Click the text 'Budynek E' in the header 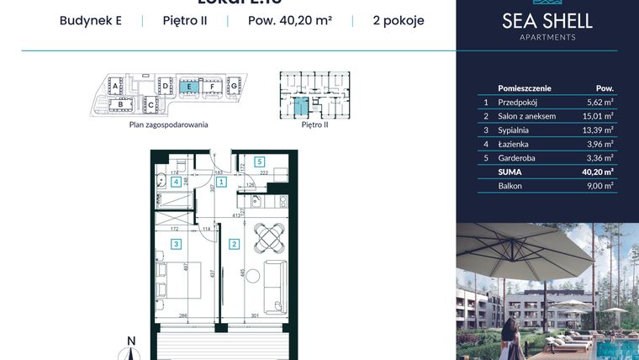[x=91, y=21]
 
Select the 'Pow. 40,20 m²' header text [x=288, y=21]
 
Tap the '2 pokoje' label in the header [x=398, y=21]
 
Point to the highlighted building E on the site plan [x=190, y=86]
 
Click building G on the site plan [x=235, y=86]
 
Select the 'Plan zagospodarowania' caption [x=168, y=124]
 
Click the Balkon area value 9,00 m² [x=600, y=186]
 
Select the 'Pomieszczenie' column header [x=525, y=87]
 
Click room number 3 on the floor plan [x=177, y=244]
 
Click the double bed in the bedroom [x=189, y=282]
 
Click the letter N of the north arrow [x=130, y=341]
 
